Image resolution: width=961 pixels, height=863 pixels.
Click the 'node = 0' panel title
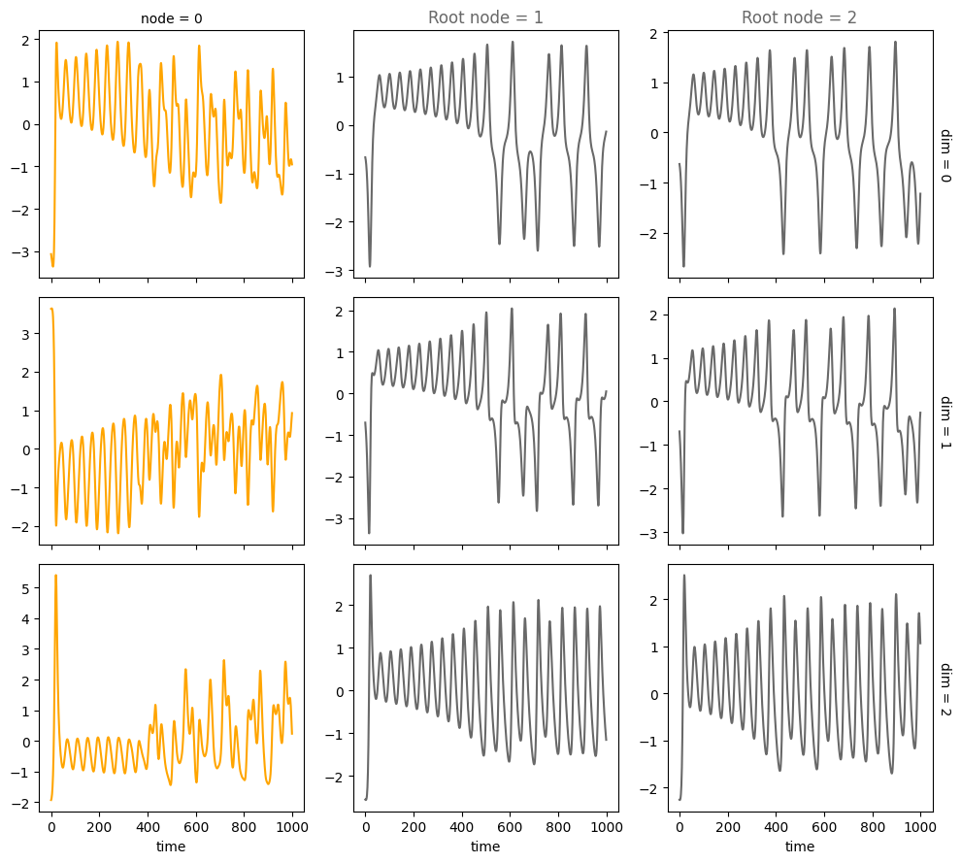pos(171,17)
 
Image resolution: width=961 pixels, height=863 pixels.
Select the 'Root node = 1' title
pos(485,17)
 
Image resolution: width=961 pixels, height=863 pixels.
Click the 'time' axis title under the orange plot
pos(171,847)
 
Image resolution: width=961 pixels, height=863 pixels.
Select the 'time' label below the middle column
pos(485,847)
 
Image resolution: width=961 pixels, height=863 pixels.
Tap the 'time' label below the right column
pos(800,847)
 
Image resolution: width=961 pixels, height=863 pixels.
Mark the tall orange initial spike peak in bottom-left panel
pos(55,576)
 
